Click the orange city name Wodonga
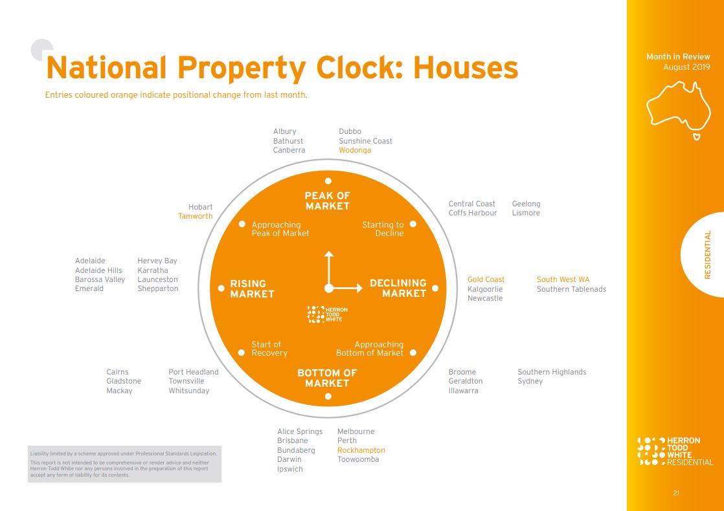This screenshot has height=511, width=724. pos(355,150)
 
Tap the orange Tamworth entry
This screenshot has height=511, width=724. pos(195,216)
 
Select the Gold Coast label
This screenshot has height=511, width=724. pos(486,279)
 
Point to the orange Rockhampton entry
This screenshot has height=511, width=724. pos(361,450)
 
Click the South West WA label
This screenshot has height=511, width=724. pos(563,279)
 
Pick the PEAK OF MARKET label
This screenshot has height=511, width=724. pos(328,201)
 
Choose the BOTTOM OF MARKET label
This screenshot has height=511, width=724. pos(327,378)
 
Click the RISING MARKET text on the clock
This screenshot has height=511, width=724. pos(252,288)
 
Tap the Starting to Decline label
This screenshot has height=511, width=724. pos(383,229)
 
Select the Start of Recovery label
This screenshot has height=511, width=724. pos(269,349)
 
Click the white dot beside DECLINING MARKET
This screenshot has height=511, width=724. pos(435,288)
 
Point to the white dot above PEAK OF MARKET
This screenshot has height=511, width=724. pos(328,181)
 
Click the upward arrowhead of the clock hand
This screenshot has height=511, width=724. pos(329,254)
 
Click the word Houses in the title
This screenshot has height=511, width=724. pos(466,67)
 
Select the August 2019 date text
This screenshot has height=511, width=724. pos(686,67)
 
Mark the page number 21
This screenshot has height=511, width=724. pos(676,494)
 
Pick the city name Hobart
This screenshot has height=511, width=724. pos(200,207)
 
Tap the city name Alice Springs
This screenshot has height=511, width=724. pos(299,431)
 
